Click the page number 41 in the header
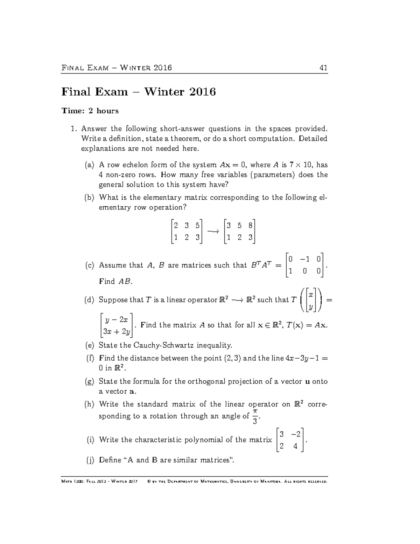pos(323,68)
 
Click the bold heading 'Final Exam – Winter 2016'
pos(139,92)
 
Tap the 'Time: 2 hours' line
pos(90,111)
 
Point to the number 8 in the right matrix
pos(250,226)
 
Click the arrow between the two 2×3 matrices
pos(213,232)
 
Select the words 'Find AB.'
pos(116,282)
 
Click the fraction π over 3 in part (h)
pos(255,416)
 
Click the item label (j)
pos(90,460)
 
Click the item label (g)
pos(90,381)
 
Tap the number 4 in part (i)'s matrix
pos(295,447)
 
